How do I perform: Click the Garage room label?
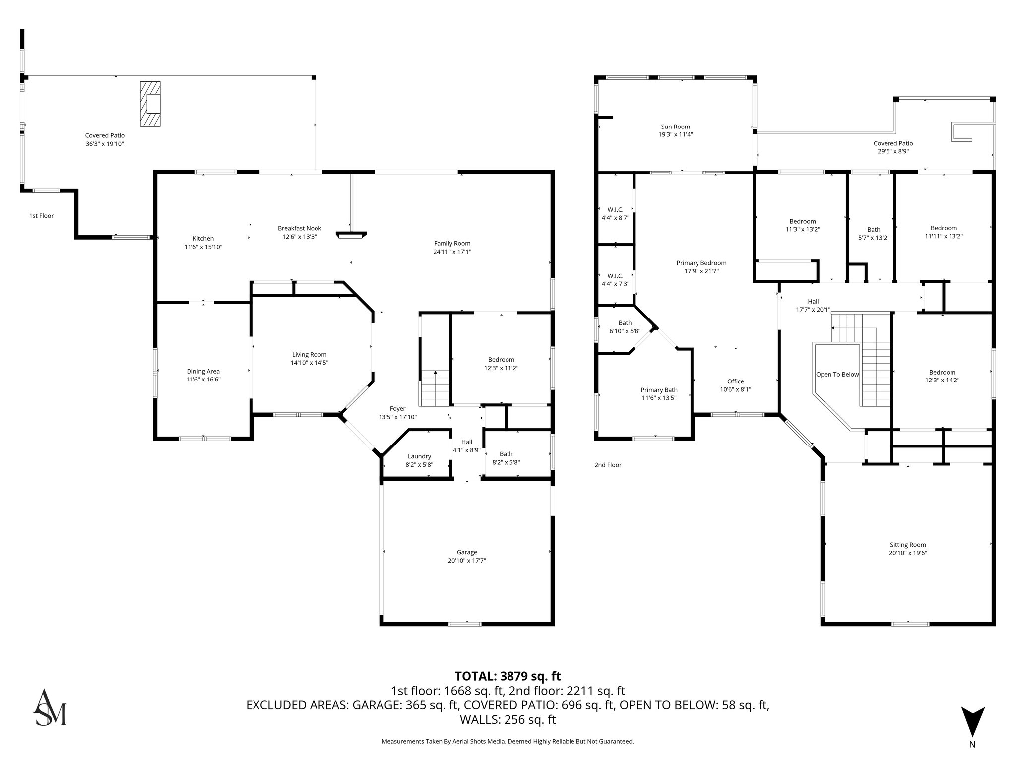coord(466,552)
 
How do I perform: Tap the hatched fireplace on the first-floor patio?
coord(150,104)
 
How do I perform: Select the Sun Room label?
coord(675,127)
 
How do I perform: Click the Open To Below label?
coord(837,374)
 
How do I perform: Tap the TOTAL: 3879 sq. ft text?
coord(508,676)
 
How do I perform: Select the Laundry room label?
coord(419,456)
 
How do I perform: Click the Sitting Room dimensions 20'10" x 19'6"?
coord(908,553)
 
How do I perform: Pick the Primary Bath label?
coord(659,390)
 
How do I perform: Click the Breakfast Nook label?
coord(299,228)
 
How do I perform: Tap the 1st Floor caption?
coord(41,216)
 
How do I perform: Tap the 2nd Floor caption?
coord(608,465)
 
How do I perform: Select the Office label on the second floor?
coord(735,381)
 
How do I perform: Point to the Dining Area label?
coord(203,371)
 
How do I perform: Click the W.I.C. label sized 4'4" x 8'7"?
coord(615,210)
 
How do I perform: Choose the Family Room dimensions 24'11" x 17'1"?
coord(452,252)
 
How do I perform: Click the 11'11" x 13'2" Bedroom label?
coord(944,228)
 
